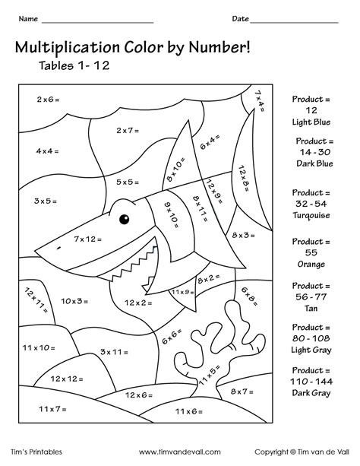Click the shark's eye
(x=123, y=219)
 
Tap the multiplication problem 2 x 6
(x=49, y=100)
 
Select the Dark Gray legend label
(x=311, y=393)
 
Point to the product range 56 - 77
(x=311, y=300)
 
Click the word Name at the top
(x=28, y=18)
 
